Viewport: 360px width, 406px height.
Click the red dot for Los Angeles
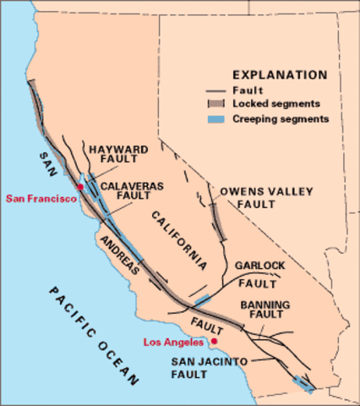[215, 342]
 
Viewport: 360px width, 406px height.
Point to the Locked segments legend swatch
[217, 103]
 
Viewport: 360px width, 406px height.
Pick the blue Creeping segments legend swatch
[217, 119]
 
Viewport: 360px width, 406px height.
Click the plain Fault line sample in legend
[217, 88]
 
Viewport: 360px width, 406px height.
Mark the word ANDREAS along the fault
[117, 252]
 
